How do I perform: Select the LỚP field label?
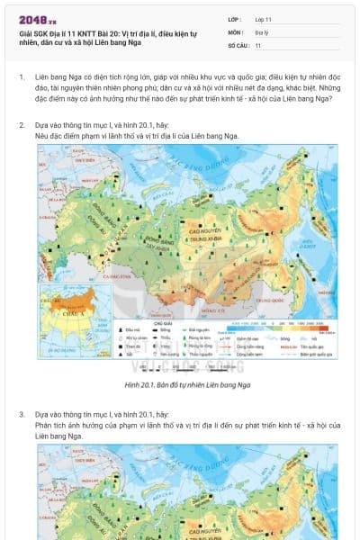(234, 19)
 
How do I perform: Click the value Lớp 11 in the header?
(264, 19)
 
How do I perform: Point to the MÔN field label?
(235, 31)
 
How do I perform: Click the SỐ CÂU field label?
(238, 44)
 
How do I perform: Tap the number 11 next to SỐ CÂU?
(258, 44)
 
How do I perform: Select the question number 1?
(22, 78)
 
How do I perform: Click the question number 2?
(22, 125)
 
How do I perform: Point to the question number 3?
(22, 414)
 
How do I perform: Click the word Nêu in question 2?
(41, 135)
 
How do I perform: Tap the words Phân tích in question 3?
(50, 424)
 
